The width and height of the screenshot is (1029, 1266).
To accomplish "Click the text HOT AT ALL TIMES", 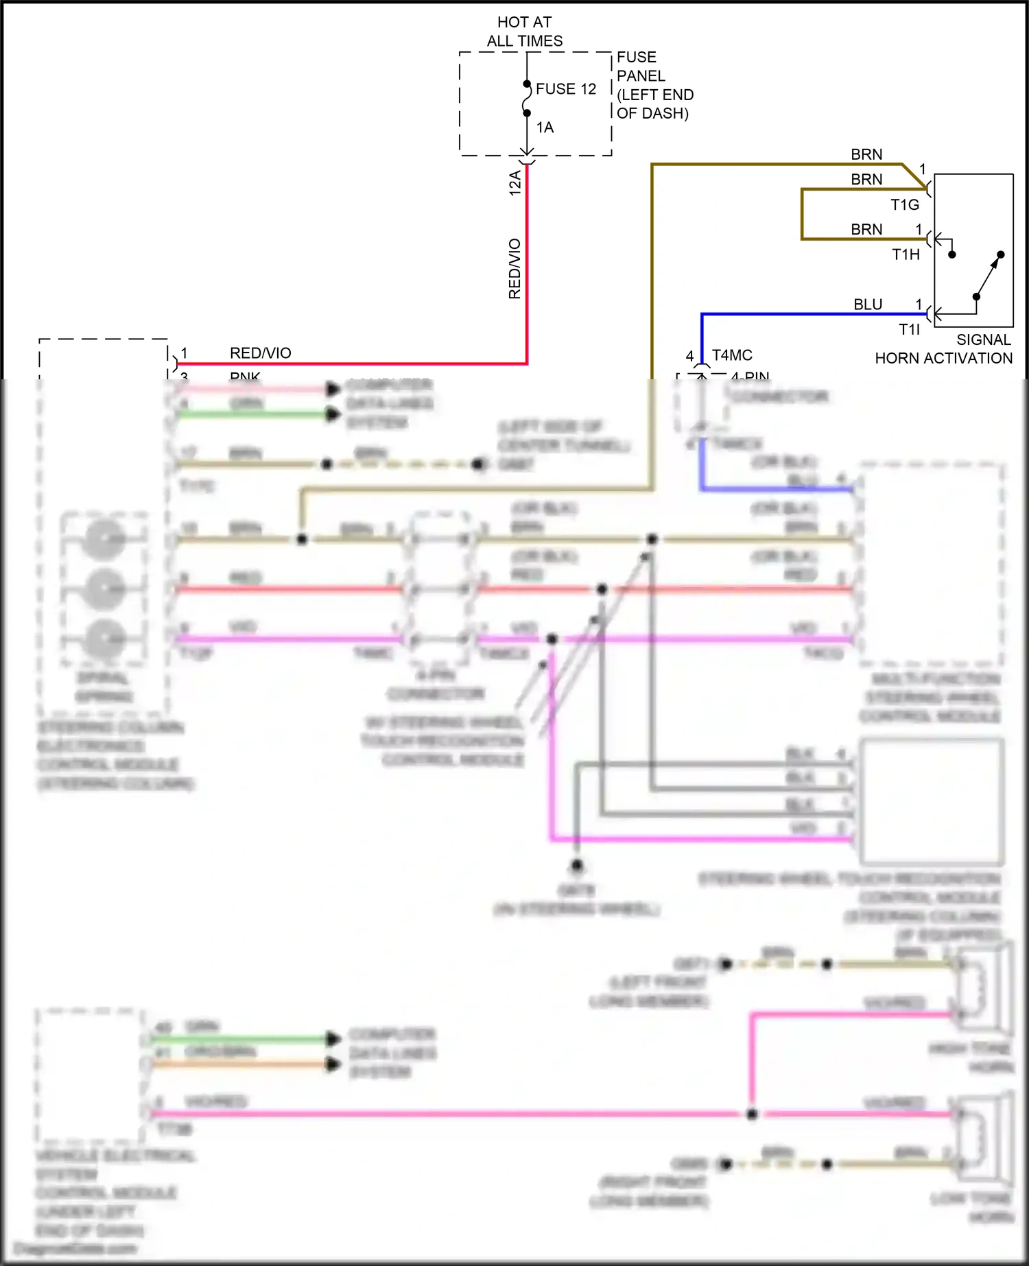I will [525, 32].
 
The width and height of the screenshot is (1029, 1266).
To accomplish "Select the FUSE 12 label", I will [566, 89].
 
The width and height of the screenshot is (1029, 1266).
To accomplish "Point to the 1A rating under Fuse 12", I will [545, 128].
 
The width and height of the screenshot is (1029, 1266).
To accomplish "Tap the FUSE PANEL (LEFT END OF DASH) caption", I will [654, 85].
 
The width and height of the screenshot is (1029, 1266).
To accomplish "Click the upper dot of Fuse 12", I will [527, 84].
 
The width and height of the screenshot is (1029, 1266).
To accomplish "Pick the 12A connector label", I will [515, 183].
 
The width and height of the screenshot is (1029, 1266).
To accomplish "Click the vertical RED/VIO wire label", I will [514, 269].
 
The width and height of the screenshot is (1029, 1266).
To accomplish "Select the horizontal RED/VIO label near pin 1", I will [261, 353].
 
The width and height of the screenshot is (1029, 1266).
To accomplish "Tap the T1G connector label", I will [905, 204].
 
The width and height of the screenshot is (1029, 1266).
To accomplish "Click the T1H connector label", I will [906, 254].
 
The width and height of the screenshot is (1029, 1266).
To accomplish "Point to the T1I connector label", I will [910, 329].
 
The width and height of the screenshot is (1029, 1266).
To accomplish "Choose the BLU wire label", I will [868, 304].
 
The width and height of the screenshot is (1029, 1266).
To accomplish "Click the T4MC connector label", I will [732, 355].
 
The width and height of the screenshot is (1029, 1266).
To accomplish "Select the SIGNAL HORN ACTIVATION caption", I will [944, 349].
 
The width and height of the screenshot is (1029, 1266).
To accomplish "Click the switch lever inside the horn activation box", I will [988, 276].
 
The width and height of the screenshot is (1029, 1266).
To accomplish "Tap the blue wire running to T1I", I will [809, 314].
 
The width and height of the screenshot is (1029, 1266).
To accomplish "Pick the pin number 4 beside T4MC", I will [690, 356].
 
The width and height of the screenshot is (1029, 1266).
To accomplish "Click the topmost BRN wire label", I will [866, 155].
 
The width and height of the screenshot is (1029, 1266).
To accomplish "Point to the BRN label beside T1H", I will [866, 229].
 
